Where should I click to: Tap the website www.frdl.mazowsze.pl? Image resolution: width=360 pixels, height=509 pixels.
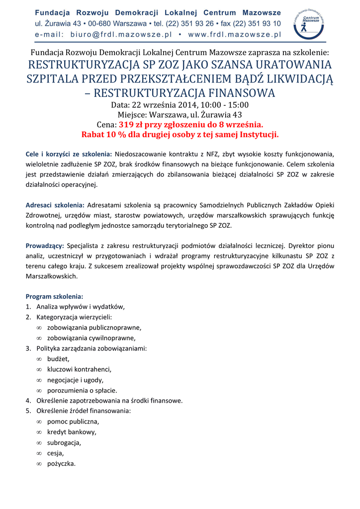(x=235, y=35)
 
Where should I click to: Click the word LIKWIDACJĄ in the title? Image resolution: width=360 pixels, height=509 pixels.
(x=293, y=79)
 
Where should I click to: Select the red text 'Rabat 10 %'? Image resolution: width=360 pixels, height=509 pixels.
(x=103, y=135)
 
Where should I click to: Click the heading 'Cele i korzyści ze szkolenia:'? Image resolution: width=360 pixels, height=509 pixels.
(x=69, y=154)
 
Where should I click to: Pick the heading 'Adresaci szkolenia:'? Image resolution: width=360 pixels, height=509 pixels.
(x=55, y=205)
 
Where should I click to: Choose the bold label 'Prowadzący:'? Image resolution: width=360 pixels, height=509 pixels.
(x=44, y=246)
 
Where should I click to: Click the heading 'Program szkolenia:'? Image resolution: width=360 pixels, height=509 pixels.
(x=54, y=296)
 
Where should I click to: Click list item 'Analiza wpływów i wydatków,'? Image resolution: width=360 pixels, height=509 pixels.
(x=81, y=307)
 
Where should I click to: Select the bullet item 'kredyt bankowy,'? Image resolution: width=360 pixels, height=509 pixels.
(x=72, y=432)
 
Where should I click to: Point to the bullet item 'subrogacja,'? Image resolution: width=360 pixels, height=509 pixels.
(x=64, y=442)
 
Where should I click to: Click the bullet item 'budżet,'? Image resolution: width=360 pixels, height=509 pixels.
(x=58, y=359)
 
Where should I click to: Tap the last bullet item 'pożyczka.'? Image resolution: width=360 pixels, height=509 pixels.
(x=62, y=464)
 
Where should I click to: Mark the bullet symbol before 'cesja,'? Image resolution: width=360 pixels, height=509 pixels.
(x=39, y=453)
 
